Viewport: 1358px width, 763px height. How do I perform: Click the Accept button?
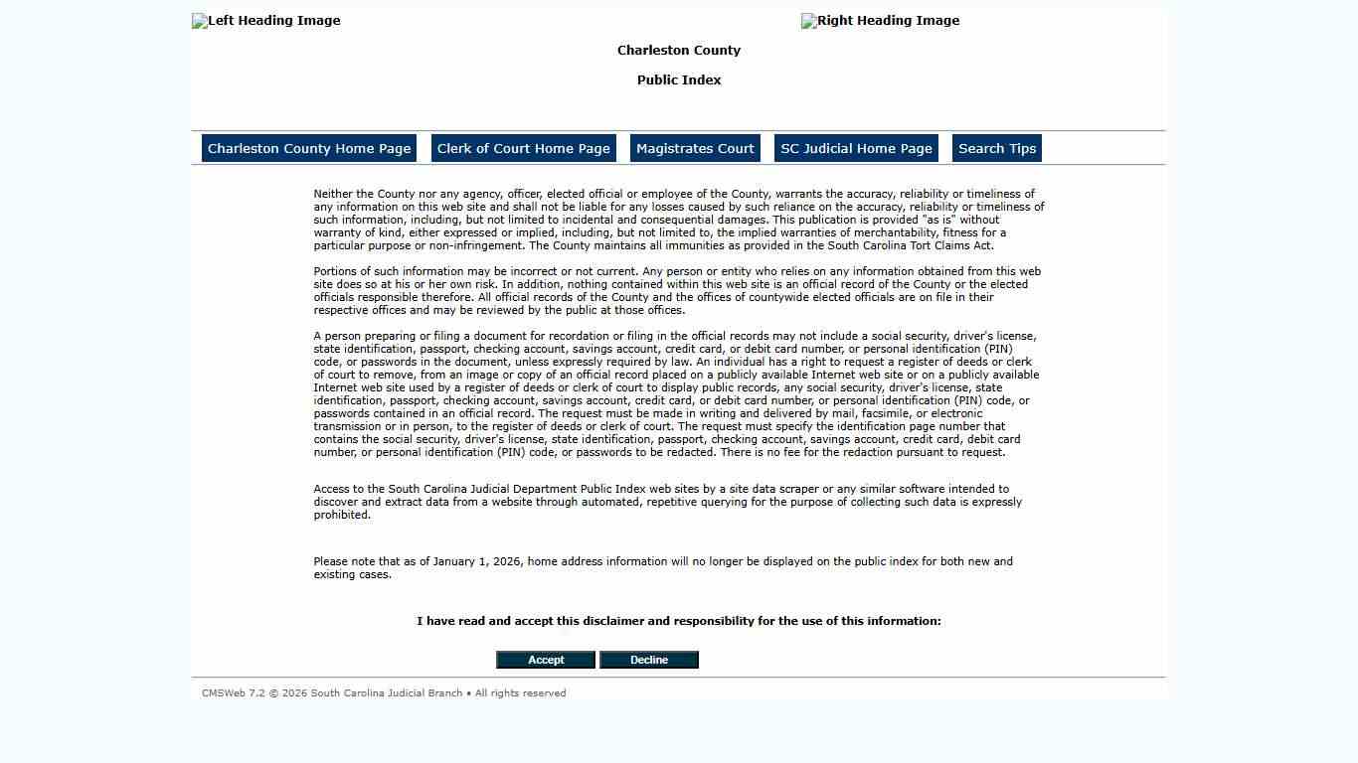545,660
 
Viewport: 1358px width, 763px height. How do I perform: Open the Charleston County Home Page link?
309,148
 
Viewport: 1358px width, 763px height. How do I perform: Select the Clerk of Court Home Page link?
524,148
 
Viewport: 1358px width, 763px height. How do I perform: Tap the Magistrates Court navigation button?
695,148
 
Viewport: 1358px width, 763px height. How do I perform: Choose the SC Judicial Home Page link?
856,148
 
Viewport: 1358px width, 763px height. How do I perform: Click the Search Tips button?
997,148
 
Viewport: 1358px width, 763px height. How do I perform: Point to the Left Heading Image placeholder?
266,21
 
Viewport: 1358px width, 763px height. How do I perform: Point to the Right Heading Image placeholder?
881,21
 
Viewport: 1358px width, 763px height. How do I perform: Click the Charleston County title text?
679,51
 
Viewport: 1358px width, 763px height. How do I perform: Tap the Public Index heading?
679,80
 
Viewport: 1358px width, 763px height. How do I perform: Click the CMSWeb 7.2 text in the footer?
234,693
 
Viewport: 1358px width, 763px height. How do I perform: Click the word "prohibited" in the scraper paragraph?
341,515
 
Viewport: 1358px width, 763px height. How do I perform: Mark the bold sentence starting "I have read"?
679,621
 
